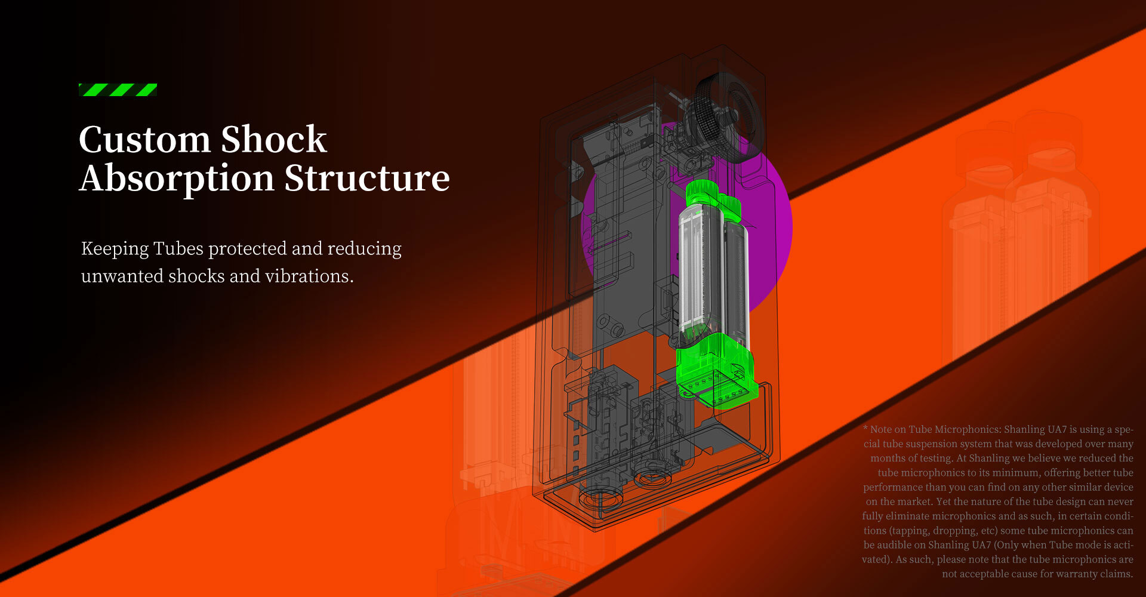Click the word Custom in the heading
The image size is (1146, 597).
[x=145, y=140]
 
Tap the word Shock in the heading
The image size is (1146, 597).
[x=274, y=140]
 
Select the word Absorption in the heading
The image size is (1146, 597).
[x=177, y=179]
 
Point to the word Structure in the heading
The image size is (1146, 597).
[x=367, y=179]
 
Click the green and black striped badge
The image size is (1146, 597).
[x=118, y=90]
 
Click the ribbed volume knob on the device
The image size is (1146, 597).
[x=726, y=116]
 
